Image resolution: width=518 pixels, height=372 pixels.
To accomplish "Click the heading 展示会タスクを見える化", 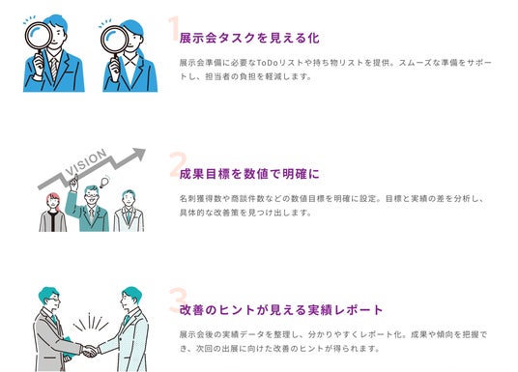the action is click(x=249, y=38).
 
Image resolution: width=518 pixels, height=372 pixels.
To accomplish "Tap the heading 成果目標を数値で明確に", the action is click(x=249, y=174).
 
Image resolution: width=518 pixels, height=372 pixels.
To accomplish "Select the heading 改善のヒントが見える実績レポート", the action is click(x=281, y=310).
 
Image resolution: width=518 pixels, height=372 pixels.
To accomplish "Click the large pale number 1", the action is click(x=174, y=28).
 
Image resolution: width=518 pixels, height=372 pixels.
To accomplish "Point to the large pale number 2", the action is click(x=178, y=164).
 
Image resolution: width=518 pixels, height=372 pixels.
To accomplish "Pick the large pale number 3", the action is click(x=178, y=300).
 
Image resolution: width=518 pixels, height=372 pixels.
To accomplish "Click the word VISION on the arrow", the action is click(x=86, y=162).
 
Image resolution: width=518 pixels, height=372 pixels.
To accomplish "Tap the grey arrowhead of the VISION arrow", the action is click(x=139, y=154).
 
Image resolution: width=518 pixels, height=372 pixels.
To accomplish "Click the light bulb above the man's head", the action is click(x=104, y=182).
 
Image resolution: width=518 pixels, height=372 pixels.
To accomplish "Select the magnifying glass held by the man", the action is click(x=39, y=37).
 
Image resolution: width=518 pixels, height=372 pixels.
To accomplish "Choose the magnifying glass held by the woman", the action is click(x=114, y=40).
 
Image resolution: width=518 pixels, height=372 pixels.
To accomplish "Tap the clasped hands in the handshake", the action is click(x=89, y=351).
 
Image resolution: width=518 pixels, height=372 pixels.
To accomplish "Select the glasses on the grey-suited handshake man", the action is click(x=53, y=300).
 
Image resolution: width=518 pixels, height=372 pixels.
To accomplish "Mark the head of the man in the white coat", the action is click(x=129, y=198).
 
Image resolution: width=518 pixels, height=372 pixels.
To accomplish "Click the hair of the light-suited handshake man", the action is click(x=132, y=293).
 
